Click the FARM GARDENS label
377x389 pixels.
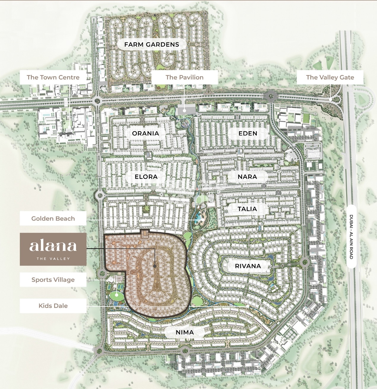click(x=152, y=45)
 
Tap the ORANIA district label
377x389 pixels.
click(x=145, y=133)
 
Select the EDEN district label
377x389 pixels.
click(x=248, y=133)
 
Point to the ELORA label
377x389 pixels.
click(x=146, y=177)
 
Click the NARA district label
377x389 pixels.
click(x=247, y=177)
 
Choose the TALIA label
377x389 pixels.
click(x=247, y=209)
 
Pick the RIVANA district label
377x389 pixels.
click(x=248, y=266)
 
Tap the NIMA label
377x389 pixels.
click(x=185, y=332)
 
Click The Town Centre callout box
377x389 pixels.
click(x=53, y=77)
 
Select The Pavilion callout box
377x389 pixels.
click(x=184, y=77)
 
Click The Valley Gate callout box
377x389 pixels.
click(x=330, y=77)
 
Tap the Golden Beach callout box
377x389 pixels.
click(x=53, y=219)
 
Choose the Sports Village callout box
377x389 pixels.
click(x=53, y=280)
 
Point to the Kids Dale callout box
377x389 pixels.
click(x=53, y=306)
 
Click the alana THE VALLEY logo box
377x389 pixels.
click(x=53, y=249)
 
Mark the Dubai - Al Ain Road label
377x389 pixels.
click(x=351, y=237)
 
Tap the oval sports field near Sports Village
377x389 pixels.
click(x=116, y=295)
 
